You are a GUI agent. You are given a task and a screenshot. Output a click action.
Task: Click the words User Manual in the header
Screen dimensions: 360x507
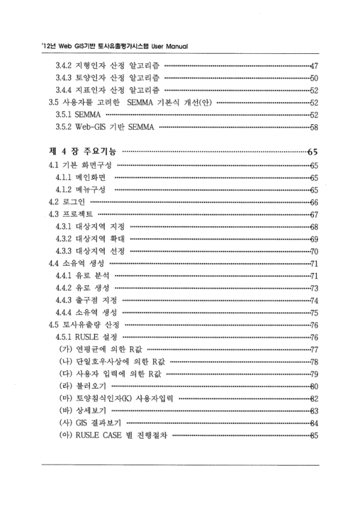(167, 46)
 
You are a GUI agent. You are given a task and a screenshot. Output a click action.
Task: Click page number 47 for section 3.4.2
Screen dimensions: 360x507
(313, 66)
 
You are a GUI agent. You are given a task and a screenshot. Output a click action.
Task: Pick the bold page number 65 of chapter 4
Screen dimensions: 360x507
(312, 152)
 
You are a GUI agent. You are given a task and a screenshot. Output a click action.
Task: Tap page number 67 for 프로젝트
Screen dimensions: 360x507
(313, 214)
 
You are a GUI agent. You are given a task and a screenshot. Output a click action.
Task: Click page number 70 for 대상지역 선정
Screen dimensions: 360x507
(313, 251)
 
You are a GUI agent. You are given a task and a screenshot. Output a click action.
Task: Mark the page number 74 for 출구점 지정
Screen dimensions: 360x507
(313, 300)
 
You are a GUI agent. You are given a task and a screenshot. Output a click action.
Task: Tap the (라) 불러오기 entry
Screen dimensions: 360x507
(84, 386)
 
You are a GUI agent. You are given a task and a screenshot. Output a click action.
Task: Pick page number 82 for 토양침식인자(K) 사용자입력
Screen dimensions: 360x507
(313, 398)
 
